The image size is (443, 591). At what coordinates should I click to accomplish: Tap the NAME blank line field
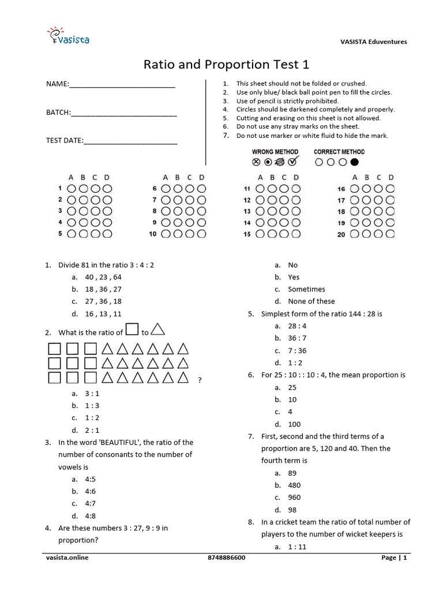[x=122, y=85]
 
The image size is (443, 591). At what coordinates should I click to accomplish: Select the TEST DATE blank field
[x=130, y=140]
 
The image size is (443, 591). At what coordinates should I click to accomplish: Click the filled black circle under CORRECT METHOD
[x=354, y=162]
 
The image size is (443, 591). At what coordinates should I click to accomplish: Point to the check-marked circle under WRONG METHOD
[x=293, y=162]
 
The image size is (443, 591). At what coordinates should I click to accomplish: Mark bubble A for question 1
[x=72, y=189]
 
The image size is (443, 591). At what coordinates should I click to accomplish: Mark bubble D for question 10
[x=201, y=234]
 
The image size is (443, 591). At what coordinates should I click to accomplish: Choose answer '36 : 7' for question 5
[x=297, y=338]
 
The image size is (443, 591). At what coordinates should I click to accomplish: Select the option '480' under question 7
[x=294, y=485]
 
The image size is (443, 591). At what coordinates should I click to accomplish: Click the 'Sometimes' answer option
[x=306, y=289]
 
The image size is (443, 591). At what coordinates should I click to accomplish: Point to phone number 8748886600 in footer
[x=226, y=558]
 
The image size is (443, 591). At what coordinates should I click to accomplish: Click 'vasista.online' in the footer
[x=67, y=558]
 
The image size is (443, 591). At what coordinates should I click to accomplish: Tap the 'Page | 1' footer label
[x=395, y=558]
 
